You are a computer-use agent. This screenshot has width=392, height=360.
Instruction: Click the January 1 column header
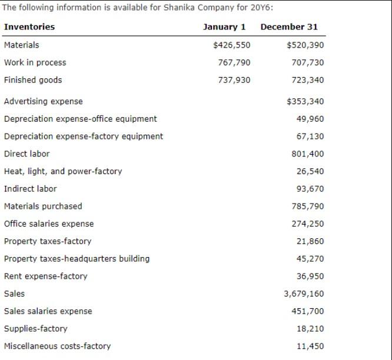coord(224,27)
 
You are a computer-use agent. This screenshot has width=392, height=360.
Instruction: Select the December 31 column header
coord(288,27)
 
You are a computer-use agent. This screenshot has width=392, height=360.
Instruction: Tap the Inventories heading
coord(29,27)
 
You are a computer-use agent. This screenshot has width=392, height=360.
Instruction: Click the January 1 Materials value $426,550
coord(231,45)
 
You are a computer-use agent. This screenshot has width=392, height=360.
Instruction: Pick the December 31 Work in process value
coord(307,63)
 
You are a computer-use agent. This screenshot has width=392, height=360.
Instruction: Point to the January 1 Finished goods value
coord(234,80)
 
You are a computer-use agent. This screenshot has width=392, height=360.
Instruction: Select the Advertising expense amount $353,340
coord(305,102)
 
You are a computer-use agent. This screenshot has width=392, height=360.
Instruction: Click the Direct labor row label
coord(26,154)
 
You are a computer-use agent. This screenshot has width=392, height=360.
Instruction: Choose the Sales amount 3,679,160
coord(304,294)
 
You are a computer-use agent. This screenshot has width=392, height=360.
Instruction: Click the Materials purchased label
coord(43,206)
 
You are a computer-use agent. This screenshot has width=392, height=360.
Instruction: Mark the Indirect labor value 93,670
coord(310,189)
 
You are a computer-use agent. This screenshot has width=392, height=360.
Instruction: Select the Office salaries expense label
coord(49,224)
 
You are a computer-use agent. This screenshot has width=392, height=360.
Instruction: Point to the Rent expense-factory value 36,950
coord(310,276)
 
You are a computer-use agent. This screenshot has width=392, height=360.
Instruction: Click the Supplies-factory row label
coord(35,329)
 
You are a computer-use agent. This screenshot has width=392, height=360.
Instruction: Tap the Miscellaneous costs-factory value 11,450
coord(310,346)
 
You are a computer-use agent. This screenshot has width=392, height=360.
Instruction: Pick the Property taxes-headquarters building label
coord(77,259)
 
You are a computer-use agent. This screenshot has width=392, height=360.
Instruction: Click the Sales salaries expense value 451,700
coord(307,311)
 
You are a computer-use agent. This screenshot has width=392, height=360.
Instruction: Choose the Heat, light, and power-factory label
coord(63,172)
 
